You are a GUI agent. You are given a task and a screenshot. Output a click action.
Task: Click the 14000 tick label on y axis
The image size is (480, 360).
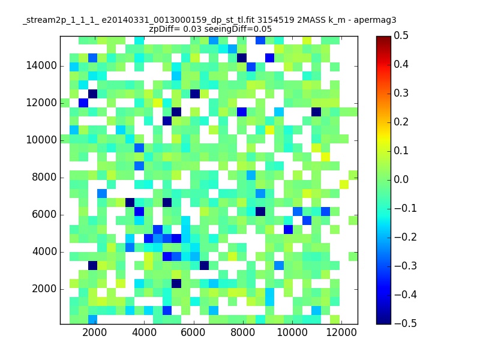point(41,65)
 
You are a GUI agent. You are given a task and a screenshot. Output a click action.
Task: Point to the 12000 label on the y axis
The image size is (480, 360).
point(41,103)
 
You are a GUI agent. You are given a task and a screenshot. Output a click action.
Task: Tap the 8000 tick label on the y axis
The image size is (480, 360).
point(44,177)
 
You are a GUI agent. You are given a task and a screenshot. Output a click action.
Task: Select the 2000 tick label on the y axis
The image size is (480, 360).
point(44,289)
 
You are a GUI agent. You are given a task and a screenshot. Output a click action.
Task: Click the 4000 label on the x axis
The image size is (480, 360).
point(144,332)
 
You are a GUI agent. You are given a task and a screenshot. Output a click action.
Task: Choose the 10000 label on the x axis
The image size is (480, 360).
point(292,332)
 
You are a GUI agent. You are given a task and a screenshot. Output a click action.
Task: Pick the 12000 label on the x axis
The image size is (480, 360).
point(341,332)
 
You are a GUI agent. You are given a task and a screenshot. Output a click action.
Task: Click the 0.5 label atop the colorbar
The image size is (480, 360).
point(401,35)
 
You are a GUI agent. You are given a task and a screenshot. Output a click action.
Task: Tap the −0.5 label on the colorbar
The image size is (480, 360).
point(406,323)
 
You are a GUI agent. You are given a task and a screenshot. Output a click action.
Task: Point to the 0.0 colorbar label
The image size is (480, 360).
point(401,179)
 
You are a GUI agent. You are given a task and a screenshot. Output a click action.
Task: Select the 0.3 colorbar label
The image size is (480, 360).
point(401,93)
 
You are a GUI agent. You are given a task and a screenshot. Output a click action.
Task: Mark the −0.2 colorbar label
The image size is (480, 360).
point(406,237)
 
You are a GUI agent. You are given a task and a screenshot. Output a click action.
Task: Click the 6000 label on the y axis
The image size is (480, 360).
point(44,214)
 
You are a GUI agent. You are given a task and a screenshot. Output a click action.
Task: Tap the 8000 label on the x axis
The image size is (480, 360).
point(243,332)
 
